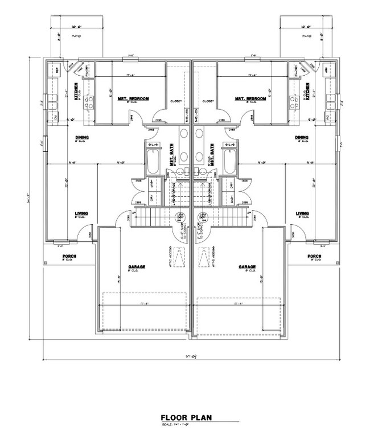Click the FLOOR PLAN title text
[x=186, y=417]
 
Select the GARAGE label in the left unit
[x=135, y=267]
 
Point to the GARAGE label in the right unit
[x=247, y=267]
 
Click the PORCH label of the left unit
[x=69, y=256]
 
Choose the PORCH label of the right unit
[x=314, y=256]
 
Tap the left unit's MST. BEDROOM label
[x=133, y=98]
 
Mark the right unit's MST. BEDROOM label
[x=250, y=98]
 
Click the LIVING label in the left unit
[x=81, y=214]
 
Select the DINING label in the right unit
[x=302, y=137]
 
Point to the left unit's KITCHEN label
[x=75, y=90]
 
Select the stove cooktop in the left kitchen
[x=89, y=103]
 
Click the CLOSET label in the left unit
[x=175, y=101]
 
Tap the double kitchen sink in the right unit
[x=332, y=103]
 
